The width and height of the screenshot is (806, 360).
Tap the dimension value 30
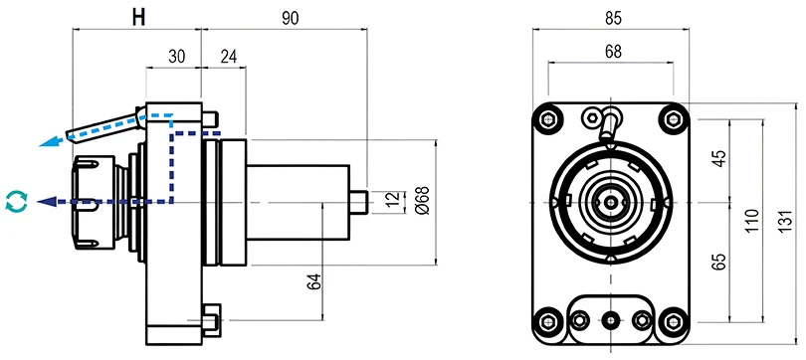(175, 57)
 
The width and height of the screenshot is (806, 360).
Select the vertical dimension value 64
(312, 281)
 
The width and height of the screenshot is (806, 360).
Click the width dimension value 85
(611, 17)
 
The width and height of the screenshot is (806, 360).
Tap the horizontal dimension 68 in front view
(611, 51)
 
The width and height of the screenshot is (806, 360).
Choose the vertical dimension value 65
(719, 263)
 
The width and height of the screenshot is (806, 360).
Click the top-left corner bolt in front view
(546, 120)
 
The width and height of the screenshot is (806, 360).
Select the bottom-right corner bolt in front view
(677, 320)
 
